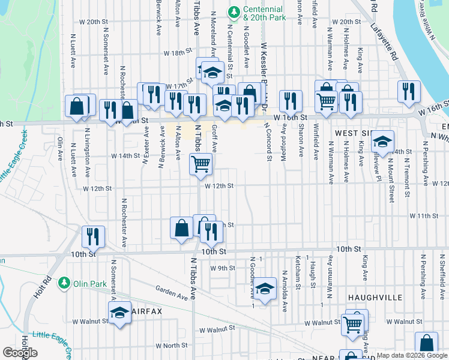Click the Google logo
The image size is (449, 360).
click(x=20, y=353)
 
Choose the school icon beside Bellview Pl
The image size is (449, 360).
click(x=382, y=142)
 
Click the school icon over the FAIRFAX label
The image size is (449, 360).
click(x=119, y=312)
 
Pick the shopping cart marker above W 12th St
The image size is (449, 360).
click(x=200, y=163)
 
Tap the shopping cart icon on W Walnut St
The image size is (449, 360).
click(x=353, y=324)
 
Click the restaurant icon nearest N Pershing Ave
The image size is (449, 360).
click(x=408, y=91)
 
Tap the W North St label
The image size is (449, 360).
click(x=172, y=346)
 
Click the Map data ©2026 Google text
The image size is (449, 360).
click(x=411, y=355)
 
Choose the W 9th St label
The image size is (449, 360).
click(x=222, y=268)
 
